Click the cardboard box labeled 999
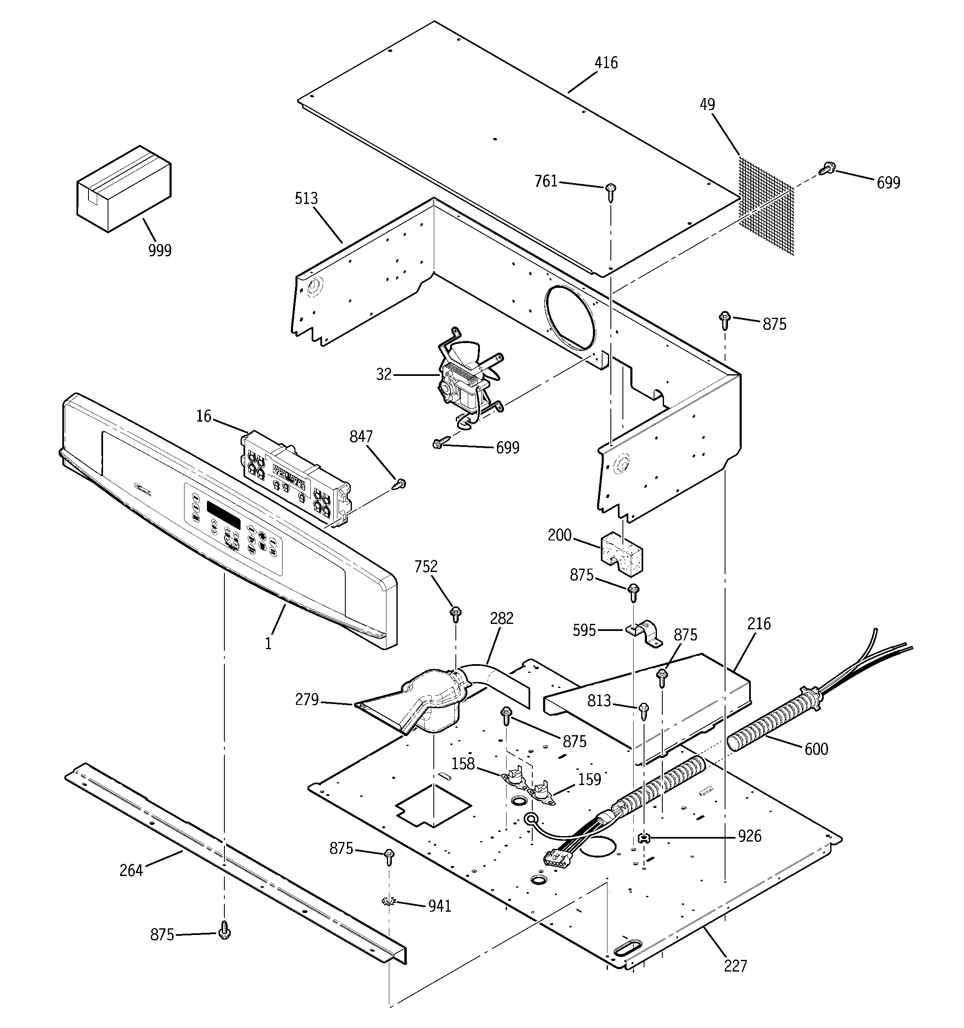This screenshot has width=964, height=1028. tap(124, 189)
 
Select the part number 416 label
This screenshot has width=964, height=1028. tap(605, 63)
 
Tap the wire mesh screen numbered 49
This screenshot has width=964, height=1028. tap(766, 207)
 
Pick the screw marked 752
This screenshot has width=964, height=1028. tap(456, 613)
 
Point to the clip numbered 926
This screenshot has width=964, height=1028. tap(644, 838)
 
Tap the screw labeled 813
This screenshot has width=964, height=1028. tap(644, 711)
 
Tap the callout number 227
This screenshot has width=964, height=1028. tap(735, 965)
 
